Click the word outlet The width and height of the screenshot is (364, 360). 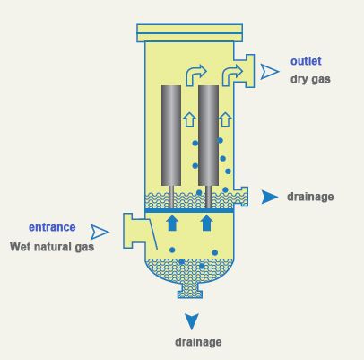click(306, 61)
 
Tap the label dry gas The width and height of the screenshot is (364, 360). click(310, 79)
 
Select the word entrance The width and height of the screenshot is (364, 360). click(52, 227)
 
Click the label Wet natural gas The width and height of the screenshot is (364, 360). click(52, 247)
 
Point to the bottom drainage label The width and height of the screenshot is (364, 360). click(198, 342)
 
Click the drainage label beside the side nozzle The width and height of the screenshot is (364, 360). click(310, 197)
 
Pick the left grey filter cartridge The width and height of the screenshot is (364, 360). click(171, 136)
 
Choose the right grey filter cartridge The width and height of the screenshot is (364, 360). click(208, 136)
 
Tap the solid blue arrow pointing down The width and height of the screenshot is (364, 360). click(192, 321)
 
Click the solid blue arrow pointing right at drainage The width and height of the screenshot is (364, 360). click(270, 197)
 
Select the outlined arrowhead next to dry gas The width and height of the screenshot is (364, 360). click(270, 72)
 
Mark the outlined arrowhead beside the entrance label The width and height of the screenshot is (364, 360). click(100, 232)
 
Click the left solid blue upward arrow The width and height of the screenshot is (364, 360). click(172, 224)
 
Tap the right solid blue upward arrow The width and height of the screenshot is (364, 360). click(207, 224)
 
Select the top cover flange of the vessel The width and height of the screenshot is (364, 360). click(189, 33)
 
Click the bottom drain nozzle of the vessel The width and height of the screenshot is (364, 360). click(190, 291)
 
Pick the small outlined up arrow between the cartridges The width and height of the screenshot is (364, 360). click(189, 119)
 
